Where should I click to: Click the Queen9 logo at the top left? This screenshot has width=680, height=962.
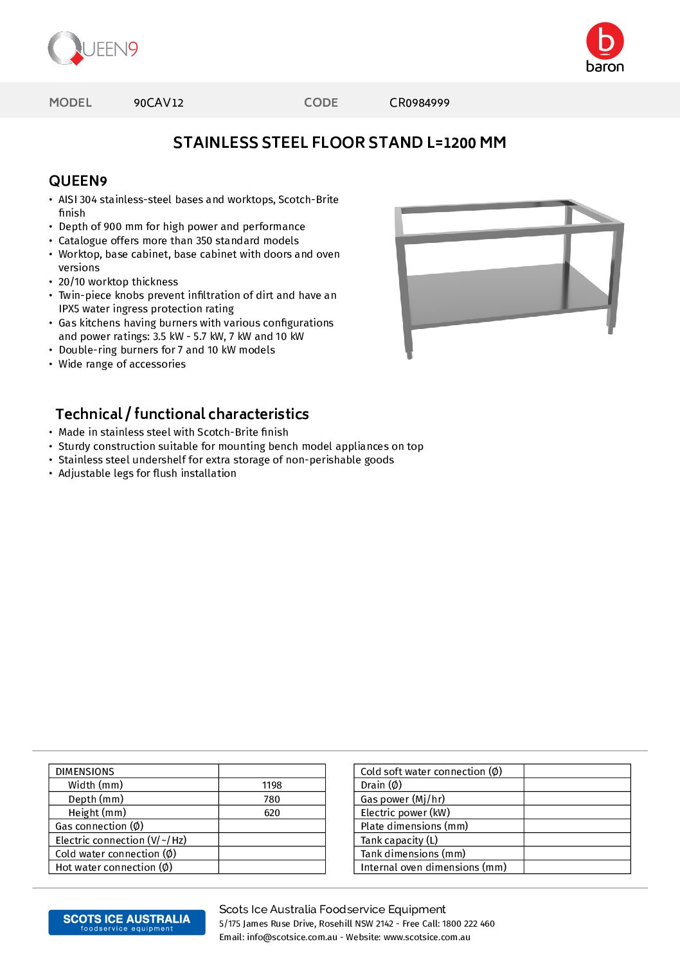[x=93, y=49]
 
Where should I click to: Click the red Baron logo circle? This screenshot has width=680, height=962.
[x=605, y=41]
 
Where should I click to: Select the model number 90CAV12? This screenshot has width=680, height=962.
[x=159, y=103]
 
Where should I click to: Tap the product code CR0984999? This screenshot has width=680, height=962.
[x=419, y=103]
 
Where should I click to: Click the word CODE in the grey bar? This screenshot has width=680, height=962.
[x=321, y=103]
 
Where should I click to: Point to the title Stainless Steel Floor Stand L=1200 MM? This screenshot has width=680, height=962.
[x=339, y=143]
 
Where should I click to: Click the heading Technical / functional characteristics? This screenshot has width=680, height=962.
[x=182, y=414]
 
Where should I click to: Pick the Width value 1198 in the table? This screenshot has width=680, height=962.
[x=272, y=785]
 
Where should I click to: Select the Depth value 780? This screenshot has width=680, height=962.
[x=272, y=799]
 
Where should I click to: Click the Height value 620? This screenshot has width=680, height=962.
[x=272, y=813]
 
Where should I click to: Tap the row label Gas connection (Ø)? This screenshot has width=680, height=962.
[x=100, y=826]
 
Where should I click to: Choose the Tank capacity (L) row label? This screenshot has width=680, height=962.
[x=399, y=841]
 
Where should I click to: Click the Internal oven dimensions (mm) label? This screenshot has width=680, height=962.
[x=433, y=868]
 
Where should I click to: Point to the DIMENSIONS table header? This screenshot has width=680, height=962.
[x=85, y=771]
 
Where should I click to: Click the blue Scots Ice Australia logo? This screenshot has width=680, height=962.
[x=127, y=922]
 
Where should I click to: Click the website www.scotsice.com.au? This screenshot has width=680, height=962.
[x=427, y=938]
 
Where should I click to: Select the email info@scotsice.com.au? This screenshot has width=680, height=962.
[x=292, y=938]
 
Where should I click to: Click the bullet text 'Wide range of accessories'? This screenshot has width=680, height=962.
[x=122, y=364]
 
